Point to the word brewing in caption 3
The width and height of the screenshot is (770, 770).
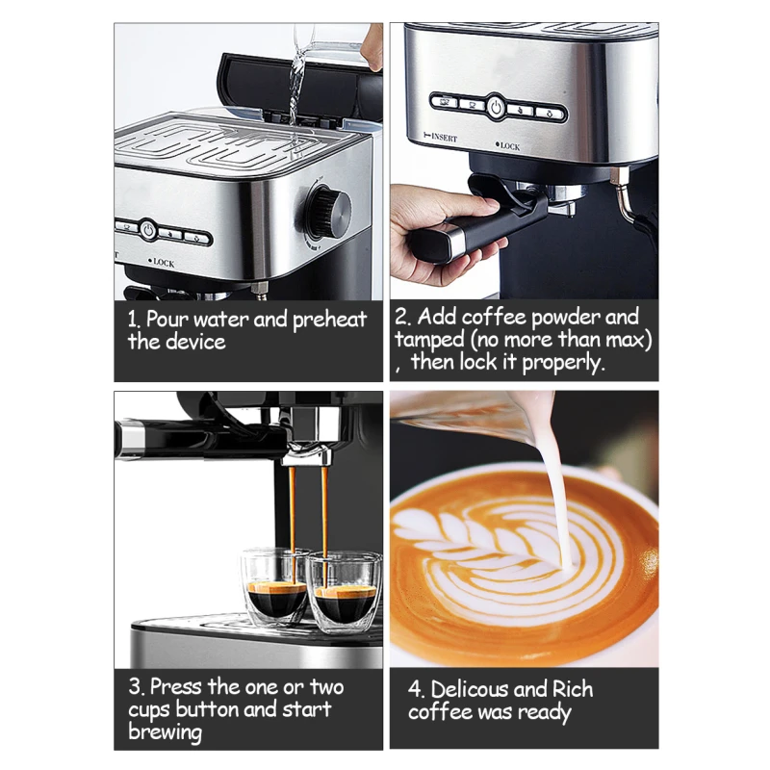point(165,732)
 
